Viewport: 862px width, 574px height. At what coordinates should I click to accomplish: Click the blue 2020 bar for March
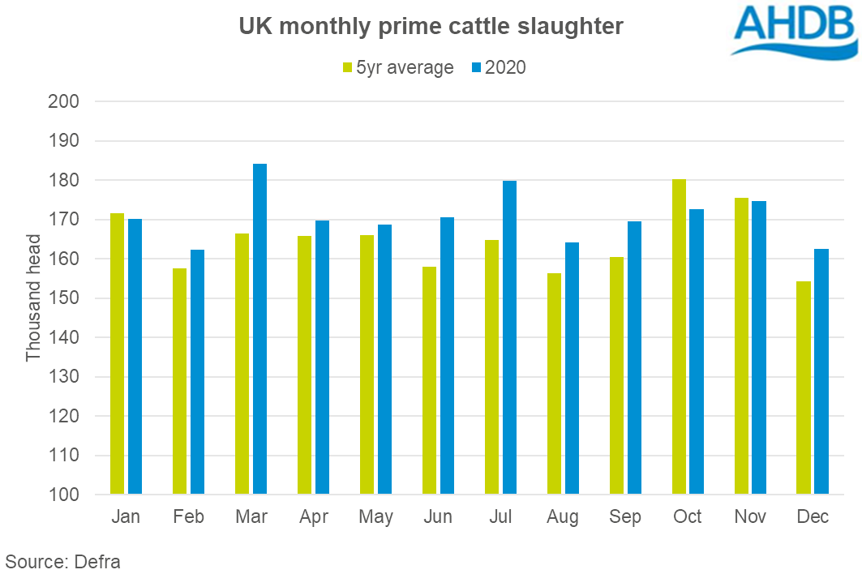coord(259,329)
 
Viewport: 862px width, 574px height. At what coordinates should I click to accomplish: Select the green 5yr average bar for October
coord(680,336)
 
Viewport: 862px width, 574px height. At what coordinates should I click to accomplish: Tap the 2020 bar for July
coord(509,337)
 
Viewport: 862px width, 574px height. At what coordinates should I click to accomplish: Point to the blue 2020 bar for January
coord(135,357)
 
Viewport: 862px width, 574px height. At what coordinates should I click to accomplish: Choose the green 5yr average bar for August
coord(554,383)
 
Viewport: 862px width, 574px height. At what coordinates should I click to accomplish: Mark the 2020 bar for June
coord(447,356)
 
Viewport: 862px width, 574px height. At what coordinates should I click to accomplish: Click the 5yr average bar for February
coord(179,381)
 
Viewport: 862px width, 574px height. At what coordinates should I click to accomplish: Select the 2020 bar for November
coord(759,347)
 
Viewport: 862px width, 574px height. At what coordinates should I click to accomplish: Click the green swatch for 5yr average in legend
coord(347,68)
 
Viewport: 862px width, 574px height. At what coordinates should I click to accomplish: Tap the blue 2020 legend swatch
coord(475,68)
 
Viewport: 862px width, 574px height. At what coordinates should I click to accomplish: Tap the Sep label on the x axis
coord(625,517)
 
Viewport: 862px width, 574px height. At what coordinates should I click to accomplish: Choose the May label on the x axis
coord(375,517)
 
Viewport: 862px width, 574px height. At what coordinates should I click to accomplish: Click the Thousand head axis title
coord(33,298)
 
